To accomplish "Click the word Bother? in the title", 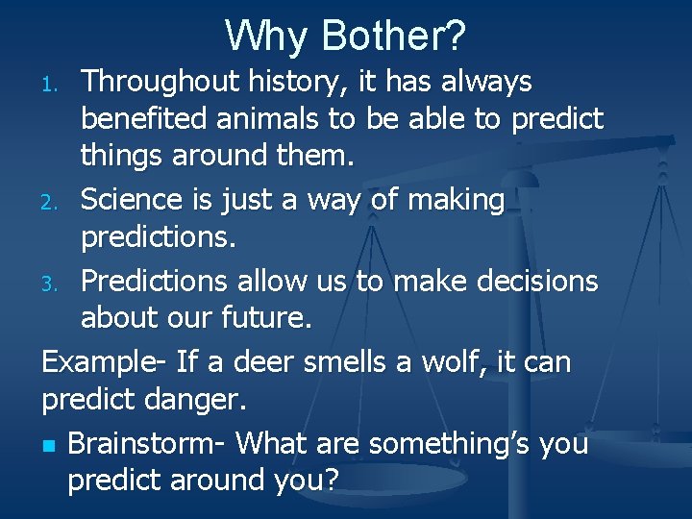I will (x=394, y=36).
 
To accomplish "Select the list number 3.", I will (x=56, y=284).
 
